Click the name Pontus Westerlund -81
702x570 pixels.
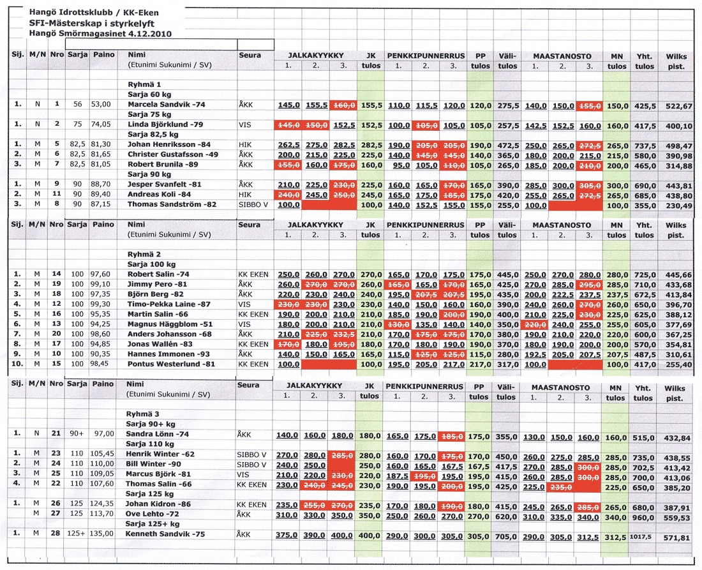point(165,364)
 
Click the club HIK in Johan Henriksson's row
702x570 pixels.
point(245,145)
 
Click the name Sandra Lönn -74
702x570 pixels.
point(156,434)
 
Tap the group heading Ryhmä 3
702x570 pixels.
point(142,414)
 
